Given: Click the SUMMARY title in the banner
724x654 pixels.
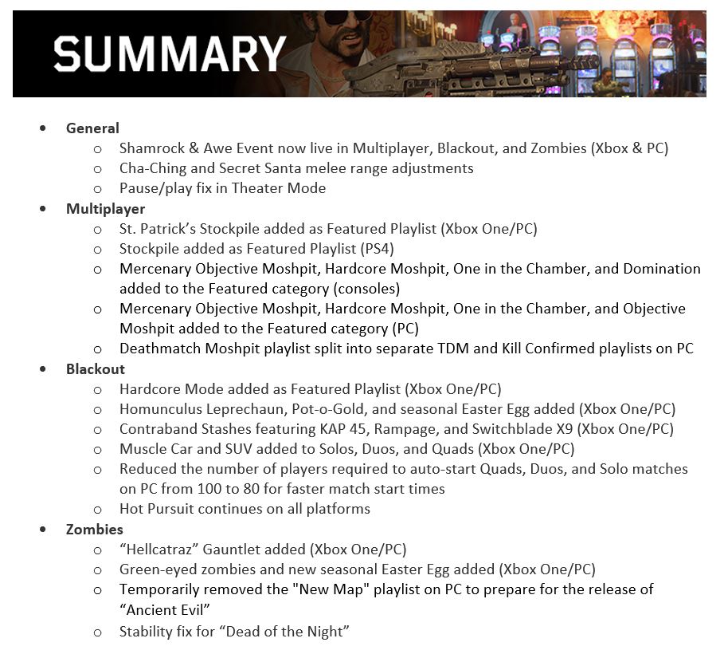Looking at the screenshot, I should click(x=170, y=53).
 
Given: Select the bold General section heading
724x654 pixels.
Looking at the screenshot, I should click(x=92, y=128).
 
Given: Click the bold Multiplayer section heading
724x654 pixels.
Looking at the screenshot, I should click(x=105, y=209).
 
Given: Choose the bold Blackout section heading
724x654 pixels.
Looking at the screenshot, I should click(x=96, y=369).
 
